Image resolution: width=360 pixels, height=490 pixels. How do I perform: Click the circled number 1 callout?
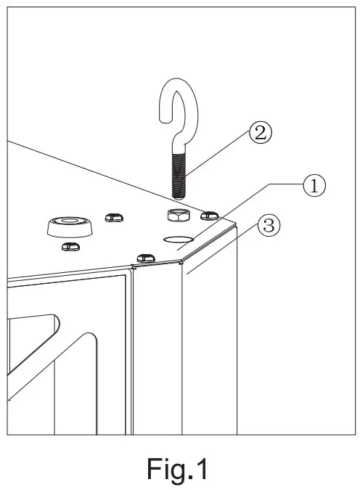[x=313, y=186]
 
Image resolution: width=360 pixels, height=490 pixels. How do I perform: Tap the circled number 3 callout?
[x=267, y=226]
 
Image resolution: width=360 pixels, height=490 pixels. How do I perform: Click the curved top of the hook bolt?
[x=179, y=94]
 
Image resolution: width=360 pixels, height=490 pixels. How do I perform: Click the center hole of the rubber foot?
[x=70, y=219]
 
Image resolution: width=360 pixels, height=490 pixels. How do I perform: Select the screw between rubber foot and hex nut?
[x=113, y=217]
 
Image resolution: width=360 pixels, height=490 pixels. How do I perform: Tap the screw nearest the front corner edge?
[x=146, y=257]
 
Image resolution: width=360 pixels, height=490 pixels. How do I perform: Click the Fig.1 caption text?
[x=179, y=468]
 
